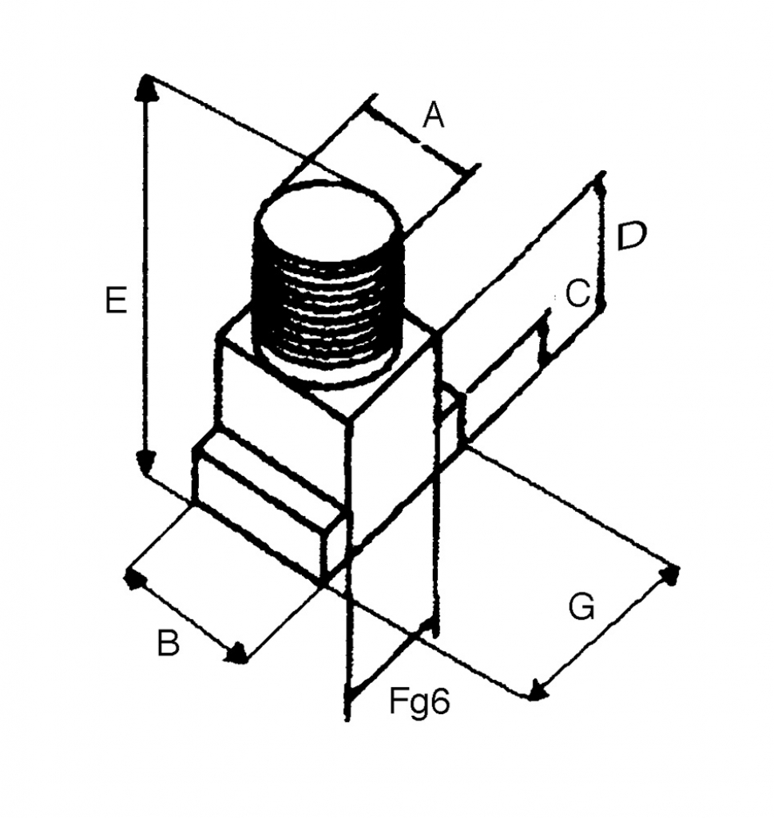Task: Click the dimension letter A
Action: [x=434, y=115]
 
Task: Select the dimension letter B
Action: [x=169, y=643]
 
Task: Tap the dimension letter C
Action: [x=578, y=293]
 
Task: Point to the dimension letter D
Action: [x=632, y=236]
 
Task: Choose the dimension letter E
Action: [x=117, y=300]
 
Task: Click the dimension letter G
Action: [x=581, y=607]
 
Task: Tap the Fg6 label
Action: [x=419, y=702]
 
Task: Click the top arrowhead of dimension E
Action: [x=145, y=88]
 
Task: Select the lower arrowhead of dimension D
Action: [x=602, y=301]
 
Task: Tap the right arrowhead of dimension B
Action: [x=236, y=653]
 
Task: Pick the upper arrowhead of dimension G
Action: [x=669, y=574]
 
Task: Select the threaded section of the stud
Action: [x=328, y=308]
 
